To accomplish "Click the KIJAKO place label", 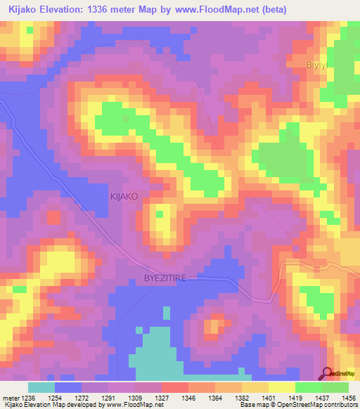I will (x=123, y=197).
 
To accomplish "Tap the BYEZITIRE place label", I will (x=165, y=278).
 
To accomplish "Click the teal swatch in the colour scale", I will (x=41, y=387).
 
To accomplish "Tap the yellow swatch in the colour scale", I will (x=281, y=387).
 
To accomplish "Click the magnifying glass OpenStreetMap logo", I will (x=328, y=374).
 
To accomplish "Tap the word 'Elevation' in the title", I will (x=70, y=9).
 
